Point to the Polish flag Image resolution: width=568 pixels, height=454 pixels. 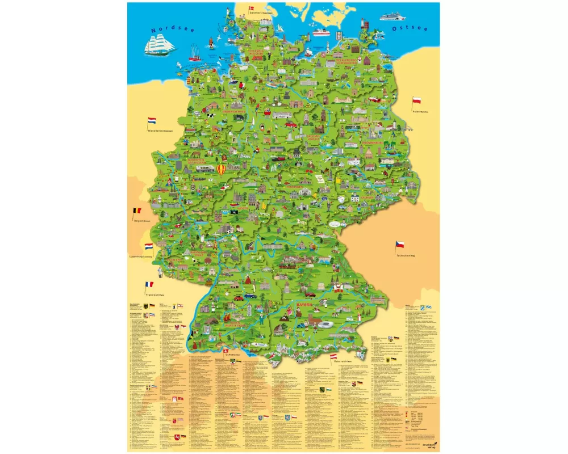[x=416, y=101]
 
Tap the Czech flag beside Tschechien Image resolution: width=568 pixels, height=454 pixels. [x=400, y=245]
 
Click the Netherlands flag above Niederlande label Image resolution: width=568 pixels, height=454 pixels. [x=152, y=121]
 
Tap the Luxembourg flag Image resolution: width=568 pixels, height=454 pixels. [x=149, y=247]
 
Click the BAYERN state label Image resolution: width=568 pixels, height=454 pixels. [x=306, y=305]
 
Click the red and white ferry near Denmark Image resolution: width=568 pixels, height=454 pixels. [x=320, y=32]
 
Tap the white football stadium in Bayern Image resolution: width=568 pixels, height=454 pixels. [x=328, y=324]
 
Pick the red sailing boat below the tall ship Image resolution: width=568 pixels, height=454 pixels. [x=194, y=57]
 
